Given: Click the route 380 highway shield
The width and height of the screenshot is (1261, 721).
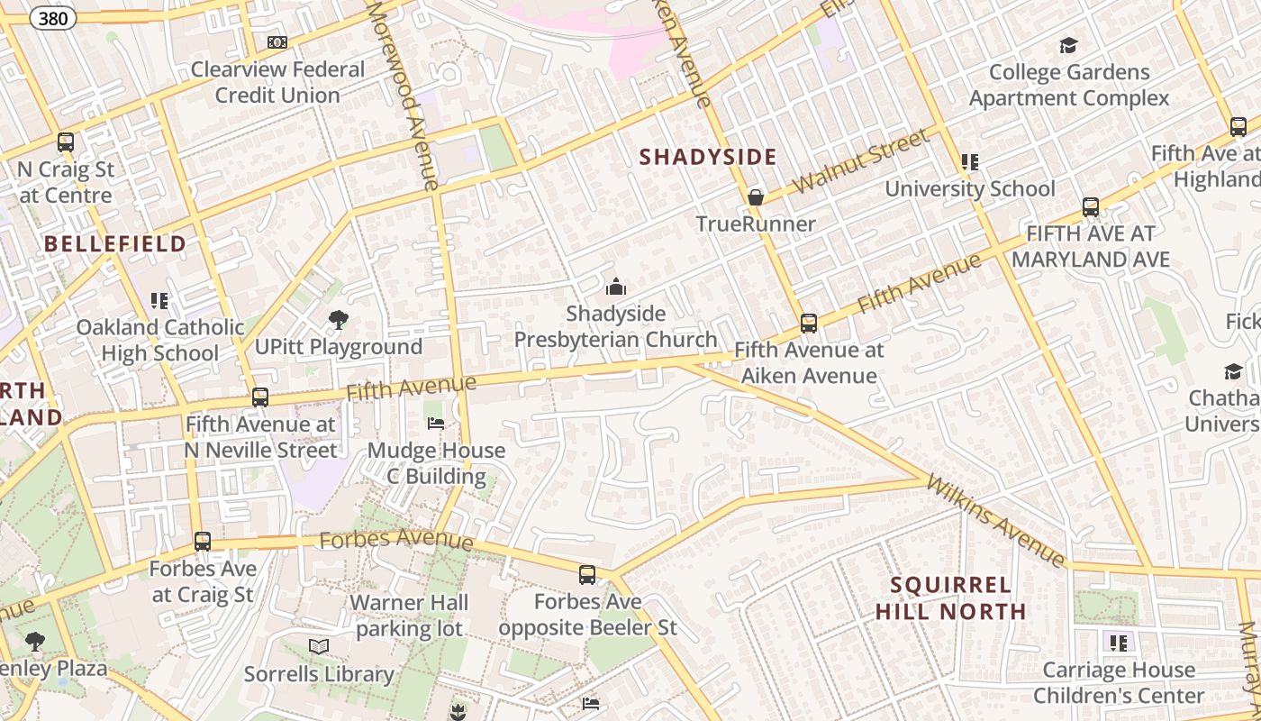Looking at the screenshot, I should click(53, 17).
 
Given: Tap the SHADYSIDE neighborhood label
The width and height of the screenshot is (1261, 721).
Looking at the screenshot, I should click(708, 157).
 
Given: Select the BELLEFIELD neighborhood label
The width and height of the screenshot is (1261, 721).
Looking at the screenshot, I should click(115, 243).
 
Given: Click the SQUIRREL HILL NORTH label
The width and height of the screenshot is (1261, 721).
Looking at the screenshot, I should click(951, 598).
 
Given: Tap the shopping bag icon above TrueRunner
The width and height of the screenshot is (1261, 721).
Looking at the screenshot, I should click(756, 197).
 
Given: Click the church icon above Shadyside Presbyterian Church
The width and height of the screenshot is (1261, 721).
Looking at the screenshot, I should click(616, 287).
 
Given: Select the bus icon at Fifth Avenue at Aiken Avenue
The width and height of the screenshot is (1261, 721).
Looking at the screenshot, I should click(809, 324).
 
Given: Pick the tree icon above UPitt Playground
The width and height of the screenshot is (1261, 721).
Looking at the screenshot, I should click(339, 319).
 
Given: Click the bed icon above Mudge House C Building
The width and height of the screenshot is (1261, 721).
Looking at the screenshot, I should click(435, 424).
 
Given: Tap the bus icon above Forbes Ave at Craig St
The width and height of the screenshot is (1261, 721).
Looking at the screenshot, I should click(203, 542).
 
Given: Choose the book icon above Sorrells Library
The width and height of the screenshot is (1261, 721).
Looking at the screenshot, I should click(319, 646).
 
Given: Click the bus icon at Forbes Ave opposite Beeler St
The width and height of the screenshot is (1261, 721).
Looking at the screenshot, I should click(587, 574).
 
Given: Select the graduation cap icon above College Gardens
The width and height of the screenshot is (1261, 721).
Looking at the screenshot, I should click(1068, 45).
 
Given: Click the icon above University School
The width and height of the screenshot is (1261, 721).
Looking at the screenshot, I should click(970, 162).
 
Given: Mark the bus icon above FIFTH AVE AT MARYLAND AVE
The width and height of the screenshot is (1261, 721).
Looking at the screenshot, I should click(1091, 207).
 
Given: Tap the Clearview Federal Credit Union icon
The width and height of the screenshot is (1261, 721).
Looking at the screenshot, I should click(277, 42).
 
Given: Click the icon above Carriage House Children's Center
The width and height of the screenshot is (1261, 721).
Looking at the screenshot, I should click(1119, 643).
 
